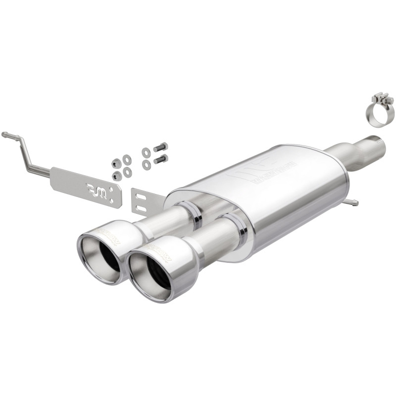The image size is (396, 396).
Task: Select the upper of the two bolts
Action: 160,147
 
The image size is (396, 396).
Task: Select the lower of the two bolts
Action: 160,159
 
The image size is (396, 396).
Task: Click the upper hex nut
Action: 117,163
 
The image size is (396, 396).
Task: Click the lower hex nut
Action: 117,175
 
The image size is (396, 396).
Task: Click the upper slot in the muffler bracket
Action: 141,197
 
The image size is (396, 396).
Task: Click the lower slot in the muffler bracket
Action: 142,208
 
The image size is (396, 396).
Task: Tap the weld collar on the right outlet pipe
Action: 240,228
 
